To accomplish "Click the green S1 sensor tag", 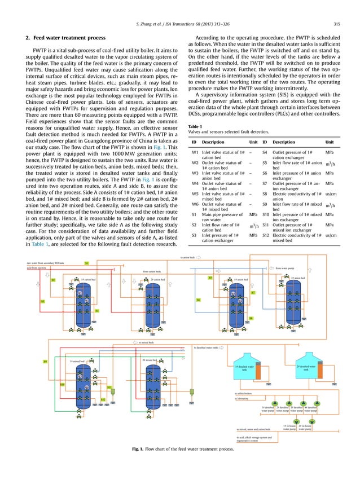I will [86, 263].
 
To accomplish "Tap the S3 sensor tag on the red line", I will [42, 302].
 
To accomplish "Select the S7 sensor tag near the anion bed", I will [253, 293].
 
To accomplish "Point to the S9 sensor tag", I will [45, 361].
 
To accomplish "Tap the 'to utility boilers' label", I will [244, 393].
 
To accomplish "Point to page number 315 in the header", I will [336, 23].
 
